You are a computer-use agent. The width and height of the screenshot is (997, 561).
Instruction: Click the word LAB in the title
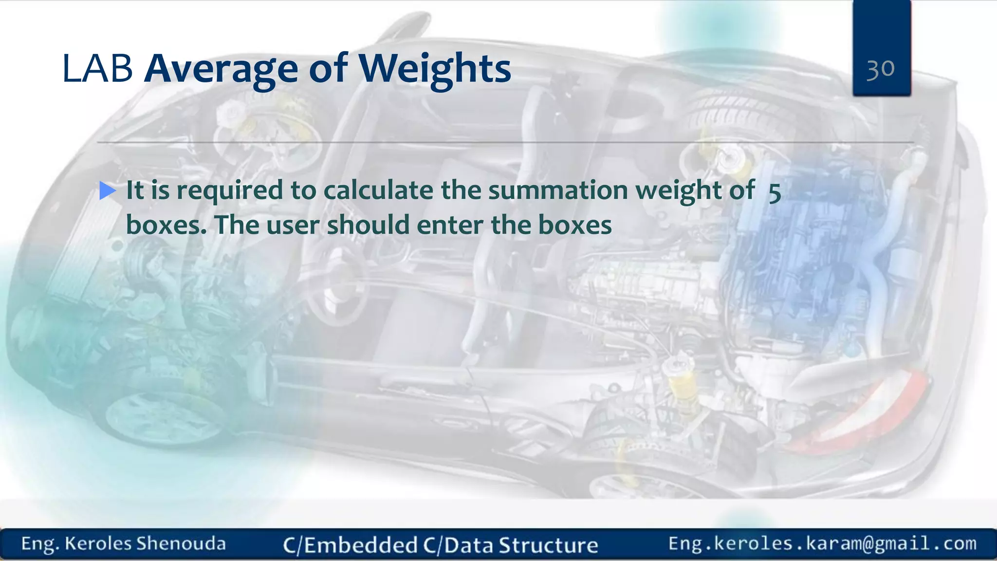coord(97,69)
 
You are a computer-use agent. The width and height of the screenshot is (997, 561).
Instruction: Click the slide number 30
coord(881,69)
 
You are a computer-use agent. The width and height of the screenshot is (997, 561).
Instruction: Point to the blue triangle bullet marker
coord(107,190)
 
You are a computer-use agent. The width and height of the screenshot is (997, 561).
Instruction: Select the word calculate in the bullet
coord(378,190)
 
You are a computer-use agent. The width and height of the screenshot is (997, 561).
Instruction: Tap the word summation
coord(558,190)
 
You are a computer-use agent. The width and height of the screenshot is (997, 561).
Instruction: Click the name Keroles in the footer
coord(98,543)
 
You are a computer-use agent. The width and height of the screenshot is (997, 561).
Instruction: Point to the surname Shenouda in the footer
coord(181,543)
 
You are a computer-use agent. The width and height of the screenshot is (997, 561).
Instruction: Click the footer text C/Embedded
coord(350,545)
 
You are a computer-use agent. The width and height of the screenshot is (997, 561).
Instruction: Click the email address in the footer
coord(822,543)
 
